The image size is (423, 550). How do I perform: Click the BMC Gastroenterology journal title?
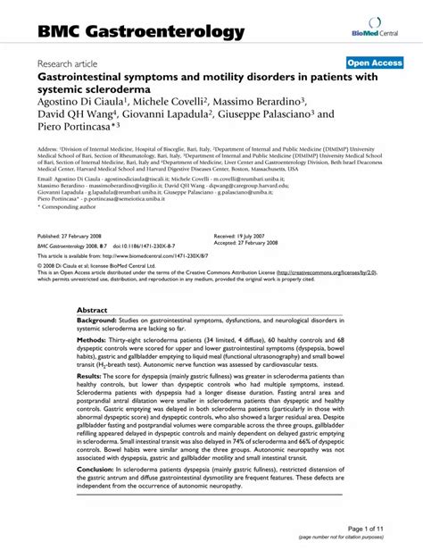pyautogui.click(x=141, y=33)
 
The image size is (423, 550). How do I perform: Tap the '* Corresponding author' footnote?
pyautogui.click(x=65, y=207)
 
